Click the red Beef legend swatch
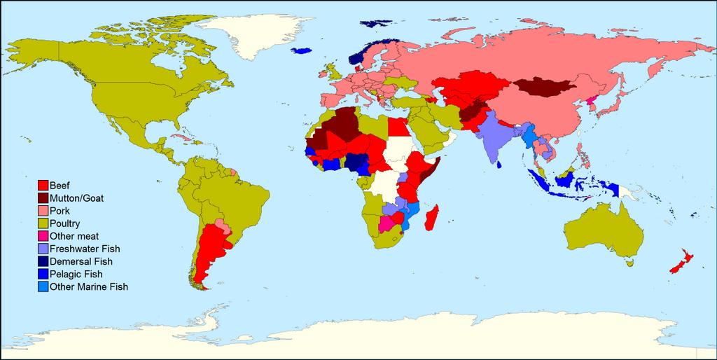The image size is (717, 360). [x=42, y=186]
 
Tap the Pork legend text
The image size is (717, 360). [x=60, y=211]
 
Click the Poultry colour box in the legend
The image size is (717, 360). [x=42, y=223]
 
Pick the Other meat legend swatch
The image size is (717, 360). [x=42, y=236]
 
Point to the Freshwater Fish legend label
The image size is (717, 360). [x=85, y=249]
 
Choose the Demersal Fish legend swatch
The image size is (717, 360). [x=42, y=261]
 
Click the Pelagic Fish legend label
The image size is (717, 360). [x=77, y=274]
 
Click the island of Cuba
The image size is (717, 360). [x=182, y=137]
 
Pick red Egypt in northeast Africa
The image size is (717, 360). [x=397, y=127]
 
